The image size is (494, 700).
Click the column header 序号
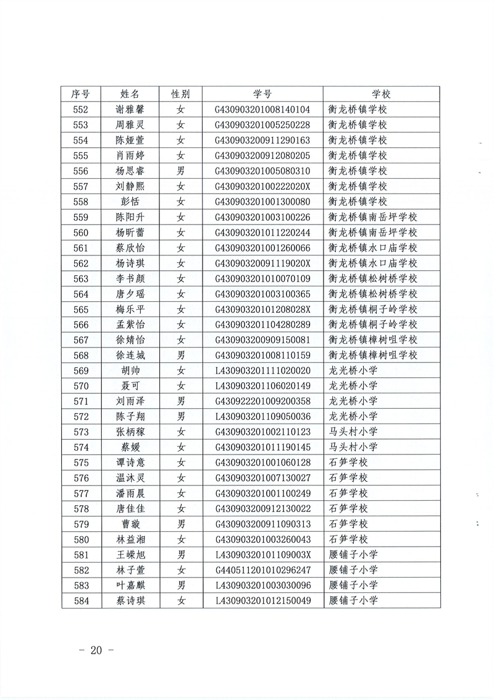81,94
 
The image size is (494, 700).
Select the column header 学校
381,94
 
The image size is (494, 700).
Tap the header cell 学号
262,94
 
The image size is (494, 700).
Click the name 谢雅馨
130,109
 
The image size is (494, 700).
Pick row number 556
81,171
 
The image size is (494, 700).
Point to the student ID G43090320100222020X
262,186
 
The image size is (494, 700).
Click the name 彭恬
130,202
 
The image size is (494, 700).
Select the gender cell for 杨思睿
181,171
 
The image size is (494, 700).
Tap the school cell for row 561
373,247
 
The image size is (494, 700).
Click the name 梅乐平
130,309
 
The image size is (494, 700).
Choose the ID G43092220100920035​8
262,401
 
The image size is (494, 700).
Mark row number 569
81,370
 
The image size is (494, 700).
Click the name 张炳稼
130,432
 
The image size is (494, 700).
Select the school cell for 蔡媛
353,447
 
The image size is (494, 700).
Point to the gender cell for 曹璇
181,524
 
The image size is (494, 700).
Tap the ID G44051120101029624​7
262,570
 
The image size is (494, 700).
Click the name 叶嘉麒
130,585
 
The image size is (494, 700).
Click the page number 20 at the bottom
94,650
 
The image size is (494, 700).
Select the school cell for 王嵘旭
353,555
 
